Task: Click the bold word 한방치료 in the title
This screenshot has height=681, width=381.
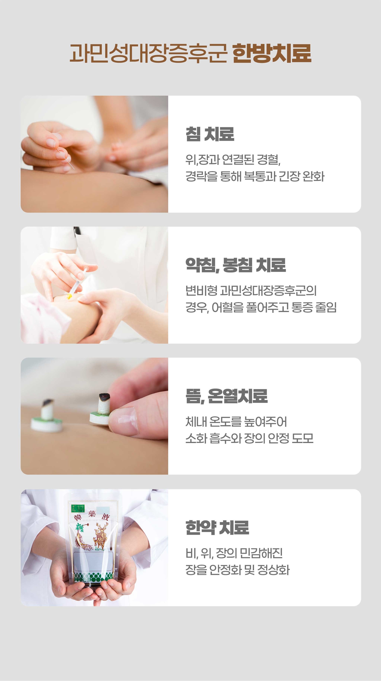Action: click(x=272, y=53)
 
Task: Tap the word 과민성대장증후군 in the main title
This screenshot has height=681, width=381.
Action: click(x=148, y=53)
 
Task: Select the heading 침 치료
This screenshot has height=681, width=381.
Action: click(x=210, y=134)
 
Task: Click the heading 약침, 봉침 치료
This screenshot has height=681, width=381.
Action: click(x=236, y=265)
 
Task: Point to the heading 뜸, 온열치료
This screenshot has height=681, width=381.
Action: click(x=227, y=396)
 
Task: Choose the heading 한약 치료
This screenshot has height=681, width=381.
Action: click(x=217, y=527)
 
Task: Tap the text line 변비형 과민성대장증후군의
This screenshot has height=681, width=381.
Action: click(x=251, y=291)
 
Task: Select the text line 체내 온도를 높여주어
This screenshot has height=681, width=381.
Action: click(x=236, y=422)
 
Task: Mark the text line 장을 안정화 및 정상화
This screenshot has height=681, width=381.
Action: click(x=238, y=570)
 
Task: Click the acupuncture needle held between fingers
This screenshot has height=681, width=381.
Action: click(x=65, y=159)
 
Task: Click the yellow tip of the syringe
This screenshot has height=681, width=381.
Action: click(x=69, y=296)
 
